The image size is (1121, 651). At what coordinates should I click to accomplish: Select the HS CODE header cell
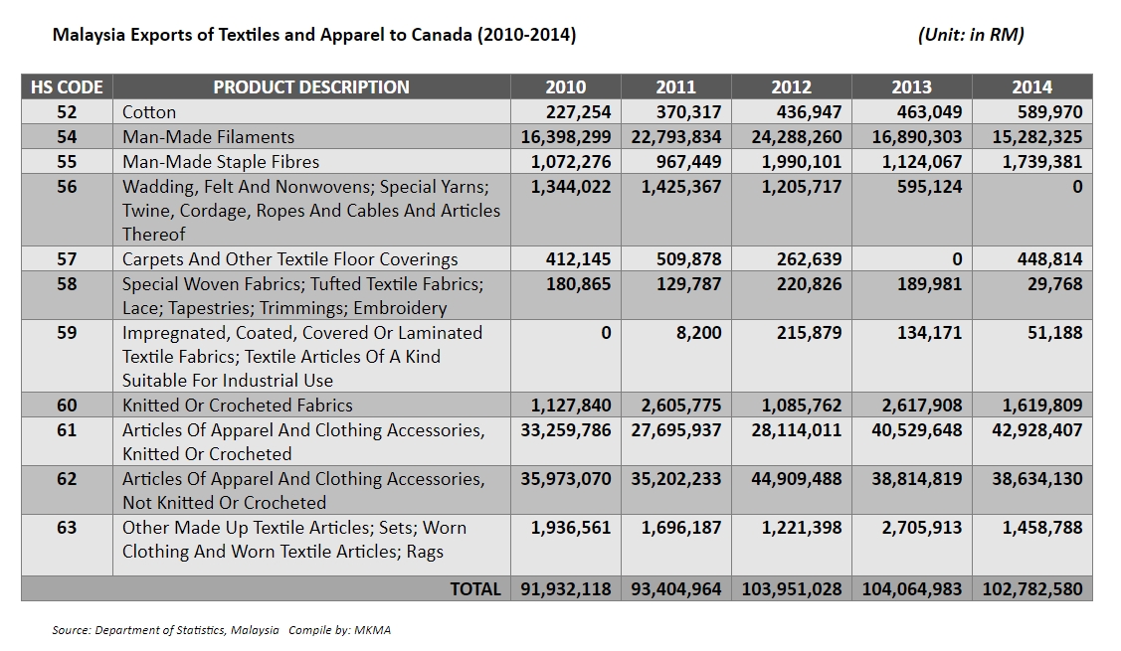pyautogui.click(x=67, y=86)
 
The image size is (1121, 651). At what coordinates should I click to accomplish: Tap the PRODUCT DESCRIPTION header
pyautogui.click(x=311, y=86)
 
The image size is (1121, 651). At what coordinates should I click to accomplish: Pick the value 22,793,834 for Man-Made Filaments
pyautogui.click(x=676, y=137)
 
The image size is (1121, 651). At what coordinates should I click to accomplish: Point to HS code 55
pyautogui.click(x=67, y=161)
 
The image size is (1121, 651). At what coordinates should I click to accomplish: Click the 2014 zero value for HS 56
pyautogui.click(x=1076, y=186)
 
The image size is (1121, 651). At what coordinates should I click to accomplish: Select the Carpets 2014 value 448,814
pyautogui.click(x=1041, y=259)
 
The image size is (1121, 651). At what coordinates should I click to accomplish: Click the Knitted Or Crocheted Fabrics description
pyautogui.click(x=238, y=406)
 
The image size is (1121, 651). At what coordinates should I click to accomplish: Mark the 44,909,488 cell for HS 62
pyautogui.click(x=792, y=479)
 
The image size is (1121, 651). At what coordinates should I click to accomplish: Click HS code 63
pyautogui.click(x=67, y=528)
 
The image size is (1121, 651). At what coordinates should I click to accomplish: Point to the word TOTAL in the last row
pyautogui.click(x=475, y=589)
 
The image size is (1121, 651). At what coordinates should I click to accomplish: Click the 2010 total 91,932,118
pyautogui.click(x=567, y=589)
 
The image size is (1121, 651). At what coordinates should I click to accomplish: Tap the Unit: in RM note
pyautogui.click(x=971, y=35)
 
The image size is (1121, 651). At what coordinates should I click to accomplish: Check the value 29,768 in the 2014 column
pyautogui.click(x=1054, y=284)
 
